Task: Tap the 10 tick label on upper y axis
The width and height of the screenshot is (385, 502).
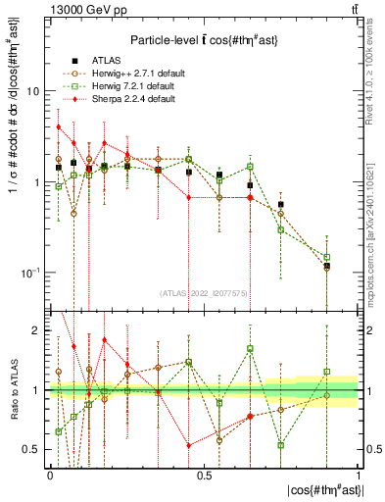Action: (31, 91)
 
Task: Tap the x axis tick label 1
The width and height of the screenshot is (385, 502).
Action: (357, 476)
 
